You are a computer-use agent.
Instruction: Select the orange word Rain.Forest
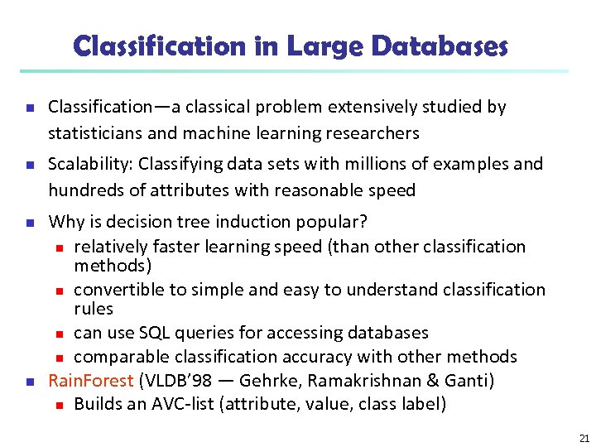[91, 381]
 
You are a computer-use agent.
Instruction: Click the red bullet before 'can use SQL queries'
[60, 334]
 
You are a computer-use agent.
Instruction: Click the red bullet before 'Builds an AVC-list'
[60, 406]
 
